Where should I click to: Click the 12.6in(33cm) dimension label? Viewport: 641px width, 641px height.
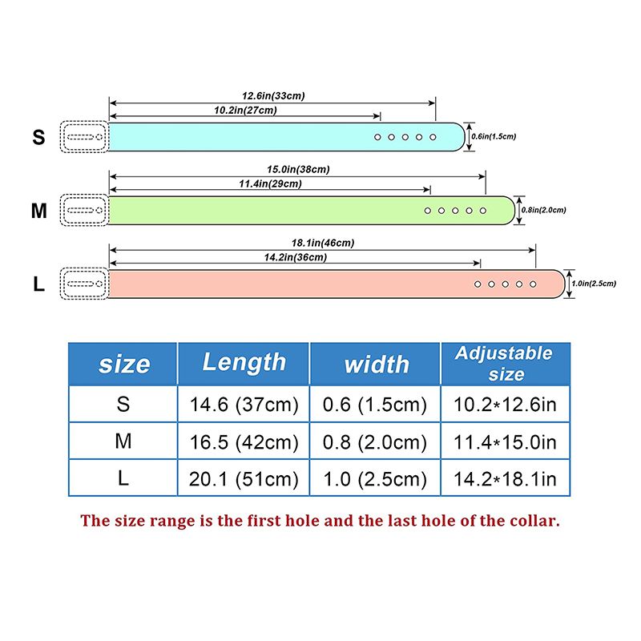pos(273,96)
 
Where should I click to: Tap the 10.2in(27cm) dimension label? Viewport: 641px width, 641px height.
pos(245,111)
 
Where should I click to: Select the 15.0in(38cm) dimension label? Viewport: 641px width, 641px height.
pos(298,170)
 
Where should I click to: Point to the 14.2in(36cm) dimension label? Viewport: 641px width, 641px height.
pos(295,257)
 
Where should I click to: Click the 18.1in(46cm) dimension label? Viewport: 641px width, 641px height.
pos(323,244)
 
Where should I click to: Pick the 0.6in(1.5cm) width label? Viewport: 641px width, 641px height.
pos(494,136)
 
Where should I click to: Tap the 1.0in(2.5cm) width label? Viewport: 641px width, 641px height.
pos(594,284)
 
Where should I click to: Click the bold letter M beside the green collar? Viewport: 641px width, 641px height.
pos(38,211)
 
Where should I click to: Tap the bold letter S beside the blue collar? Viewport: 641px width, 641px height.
pos(38,137)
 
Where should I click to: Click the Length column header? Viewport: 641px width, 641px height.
pos(244,363)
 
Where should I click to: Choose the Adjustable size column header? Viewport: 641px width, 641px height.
pos(505,364)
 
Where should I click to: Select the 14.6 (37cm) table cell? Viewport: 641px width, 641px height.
pos(244,405)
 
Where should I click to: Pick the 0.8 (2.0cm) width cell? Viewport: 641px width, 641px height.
pos(374,442)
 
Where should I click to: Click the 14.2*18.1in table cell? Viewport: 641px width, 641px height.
pos(505,479)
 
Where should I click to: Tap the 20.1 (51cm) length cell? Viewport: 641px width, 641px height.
pos(244,479)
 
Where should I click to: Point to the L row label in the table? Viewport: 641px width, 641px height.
pos(123,478)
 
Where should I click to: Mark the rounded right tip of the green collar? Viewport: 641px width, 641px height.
pos(514,211)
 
